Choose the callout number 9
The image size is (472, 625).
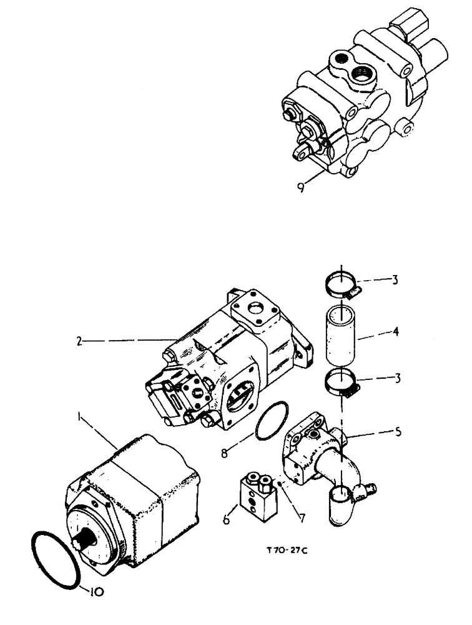point(301,187)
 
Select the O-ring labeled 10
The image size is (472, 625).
point(54,557)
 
